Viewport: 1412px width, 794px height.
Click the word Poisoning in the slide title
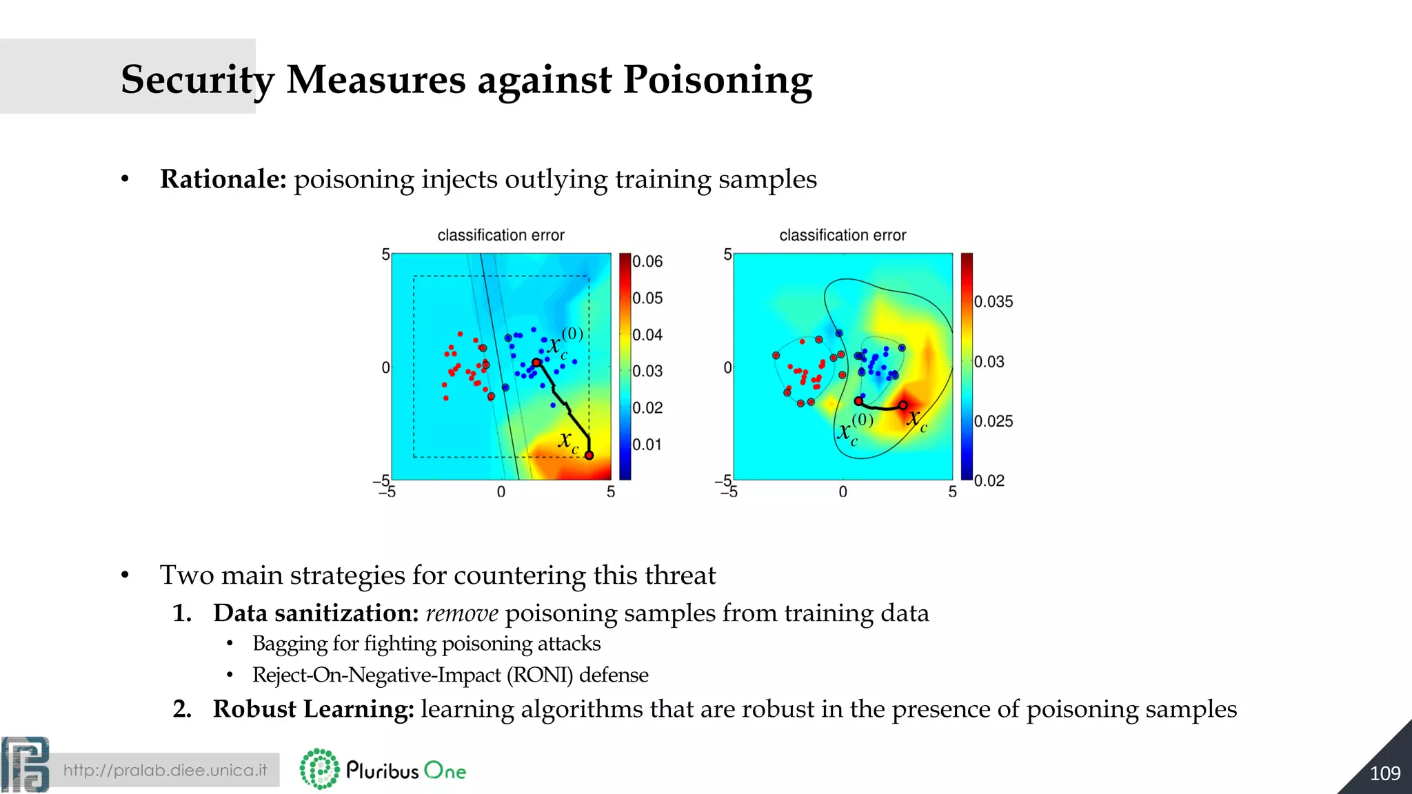click(717, 80)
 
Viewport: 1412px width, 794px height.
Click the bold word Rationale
click(223, 179)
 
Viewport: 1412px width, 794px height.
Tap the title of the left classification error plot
click(501, 235)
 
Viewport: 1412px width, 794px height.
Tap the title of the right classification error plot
click(843, 235)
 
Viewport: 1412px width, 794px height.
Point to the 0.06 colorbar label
click(647, 262)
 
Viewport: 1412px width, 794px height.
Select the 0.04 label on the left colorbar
click(647, 335)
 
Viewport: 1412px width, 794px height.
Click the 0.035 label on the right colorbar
click(993, 302)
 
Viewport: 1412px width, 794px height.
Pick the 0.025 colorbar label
click(993, 421)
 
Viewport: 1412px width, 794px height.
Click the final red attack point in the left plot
click(589, 455)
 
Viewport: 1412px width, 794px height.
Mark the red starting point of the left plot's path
click(536, 363)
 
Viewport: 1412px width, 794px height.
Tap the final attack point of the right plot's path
click(903, 405)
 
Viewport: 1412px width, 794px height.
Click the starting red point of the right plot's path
click(858, 401)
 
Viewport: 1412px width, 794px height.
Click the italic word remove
click(462, 613)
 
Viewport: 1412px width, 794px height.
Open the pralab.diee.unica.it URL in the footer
click(165, 770)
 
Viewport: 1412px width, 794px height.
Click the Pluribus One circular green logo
click(320, 769)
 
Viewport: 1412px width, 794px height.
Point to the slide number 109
click(1384, 773)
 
